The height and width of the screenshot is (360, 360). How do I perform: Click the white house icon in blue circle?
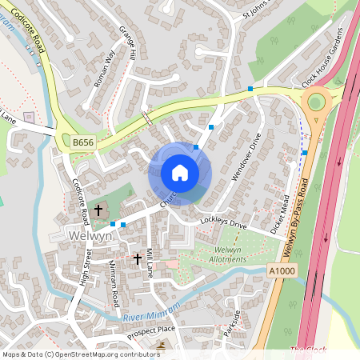pos(180,173)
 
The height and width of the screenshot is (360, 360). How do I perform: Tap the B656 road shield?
pos(82,142)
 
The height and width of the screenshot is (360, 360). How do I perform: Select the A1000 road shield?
pos(281,272)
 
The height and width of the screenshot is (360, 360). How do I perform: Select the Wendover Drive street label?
pos(246,155)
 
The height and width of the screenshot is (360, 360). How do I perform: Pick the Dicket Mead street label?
pos(279,212)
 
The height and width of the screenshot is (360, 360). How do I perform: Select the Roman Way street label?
pos(105,67)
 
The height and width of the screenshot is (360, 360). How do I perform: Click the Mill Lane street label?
pos(149,262)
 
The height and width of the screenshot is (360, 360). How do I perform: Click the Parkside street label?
pos(232,322)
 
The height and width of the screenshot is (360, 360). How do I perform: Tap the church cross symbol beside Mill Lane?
pos(137,259)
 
